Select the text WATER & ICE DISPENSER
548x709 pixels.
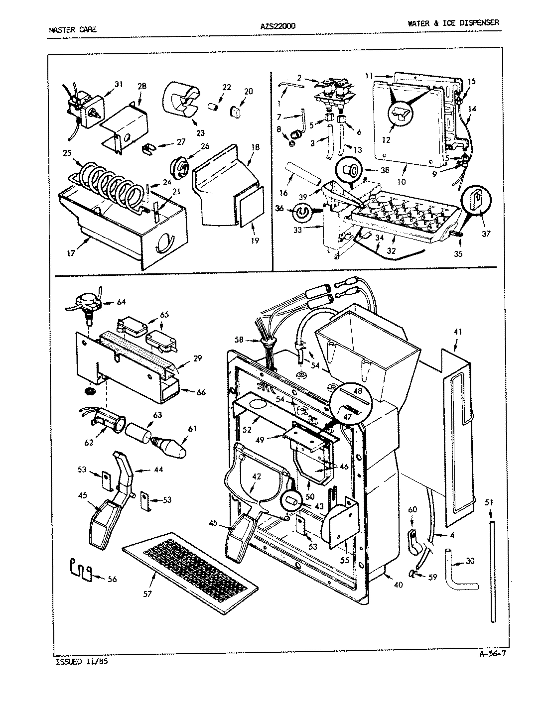(452, 23)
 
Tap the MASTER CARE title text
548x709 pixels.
(73, 29)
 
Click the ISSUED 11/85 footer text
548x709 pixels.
(79, 662)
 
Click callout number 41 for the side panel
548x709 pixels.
(457, 331)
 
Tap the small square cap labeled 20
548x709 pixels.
(236, 110)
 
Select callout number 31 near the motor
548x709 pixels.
(118, 85)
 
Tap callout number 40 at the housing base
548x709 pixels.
(398, 585)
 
